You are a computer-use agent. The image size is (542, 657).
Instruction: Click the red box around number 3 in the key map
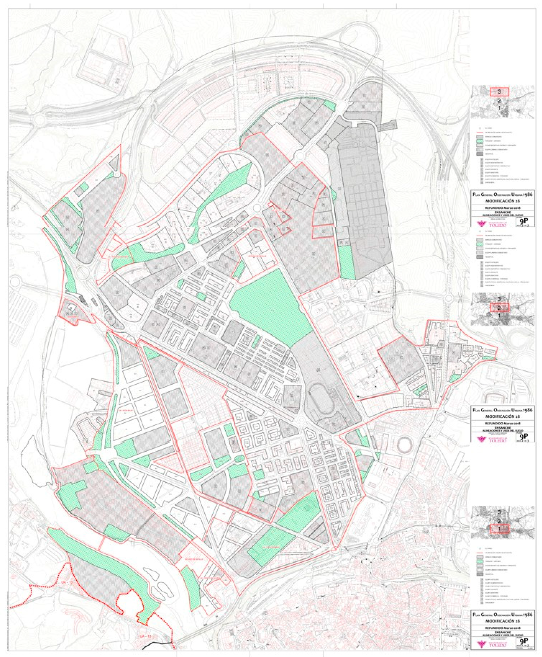click(x=499, y=92)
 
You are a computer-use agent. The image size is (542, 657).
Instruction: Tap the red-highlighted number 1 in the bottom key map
click(x=499, y=529)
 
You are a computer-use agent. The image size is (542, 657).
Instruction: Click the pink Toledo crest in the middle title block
click(x=481, y=439)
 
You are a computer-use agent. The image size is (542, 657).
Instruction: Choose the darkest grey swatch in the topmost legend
click(x=480, y=154)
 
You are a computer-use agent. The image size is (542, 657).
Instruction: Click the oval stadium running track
click(x=322, y=397)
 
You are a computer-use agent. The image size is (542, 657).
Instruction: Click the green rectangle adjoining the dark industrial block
click(x=346, y=262)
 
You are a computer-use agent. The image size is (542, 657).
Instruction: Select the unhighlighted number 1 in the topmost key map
click(x=499, y=108)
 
